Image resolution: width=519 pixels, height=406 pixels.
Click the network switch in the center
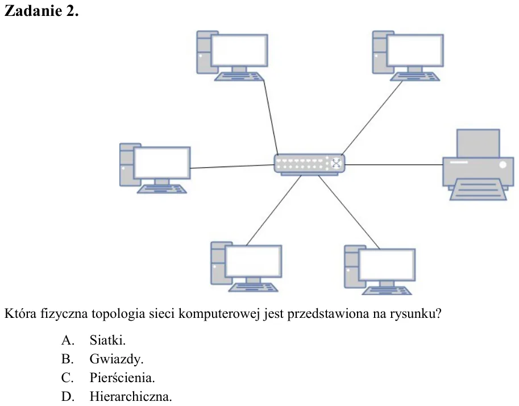[309, 164]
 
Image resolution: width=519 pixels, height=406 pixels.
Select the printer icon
[478, 165]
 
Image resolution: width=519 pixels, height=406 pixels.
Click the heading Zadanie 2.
[41, 11]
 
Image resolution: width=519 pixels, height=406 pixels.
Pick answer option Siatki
[107, 340]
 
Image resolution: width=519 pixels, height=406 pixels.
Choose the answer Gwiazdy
[116, 359]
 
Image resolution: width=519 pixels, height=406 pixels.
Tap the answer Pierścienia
[122, 378]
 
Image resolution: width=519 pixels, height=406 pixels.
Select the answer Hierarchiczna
[131, 396]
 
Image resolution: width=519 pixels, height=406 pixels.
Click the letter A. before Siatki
[68, 340]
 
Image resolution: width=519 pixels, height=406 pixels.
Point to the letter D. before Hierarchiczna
[68, 396]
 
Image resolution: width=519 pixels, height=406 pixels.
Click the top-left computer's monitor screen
[239, 51]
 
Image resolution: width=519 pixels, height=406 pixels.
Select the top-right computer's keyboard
[415, 77]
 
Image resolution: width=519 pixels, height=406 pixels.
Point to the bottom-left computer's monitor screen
[254, 261]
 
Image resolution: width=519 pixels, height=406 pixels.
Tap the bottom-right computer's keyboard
[387, 291]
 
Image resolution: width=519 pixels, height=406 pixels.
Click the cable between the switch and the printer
[394, 164]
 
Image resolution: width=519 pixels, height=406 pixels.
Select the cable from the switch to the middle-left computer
[232, 167]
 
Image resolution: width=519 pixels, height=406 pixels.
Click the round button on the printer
[503, 164]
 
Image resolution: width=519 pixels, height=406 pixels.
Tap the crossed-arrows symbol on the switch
[336, 163]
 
